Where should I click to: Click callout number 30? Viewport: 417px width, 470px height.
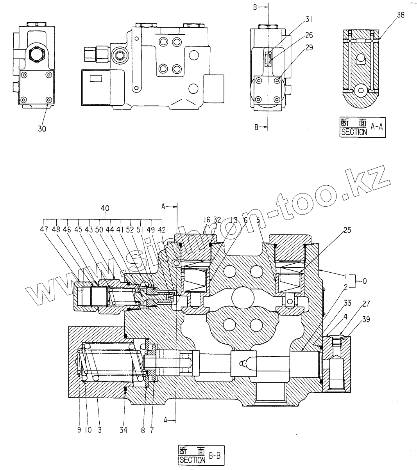click(42, 128)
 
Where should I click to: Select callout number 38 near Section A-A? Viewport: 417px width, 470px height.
click(401, 15)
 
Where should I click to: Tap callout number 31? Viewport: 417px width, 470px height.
click(309, 18)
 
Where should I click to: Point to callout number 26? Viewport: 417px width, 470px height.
click(309, 35)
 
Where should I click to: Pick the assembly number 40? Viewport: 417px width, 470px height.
click(105, 208)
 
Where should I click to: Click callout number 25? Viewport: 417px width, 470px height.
click(347, 230)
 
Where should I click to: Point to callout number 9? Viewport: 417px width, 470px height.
click(79, 430)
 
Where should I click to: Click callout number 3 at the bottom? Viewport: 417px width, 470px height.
click(100, 430)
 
